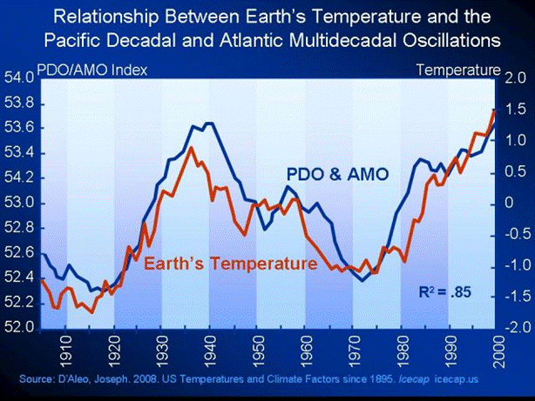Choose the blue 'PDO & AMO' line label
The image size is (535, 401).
point(336,175)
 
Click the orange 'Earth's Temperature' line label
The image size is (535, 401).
point(229,264)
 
